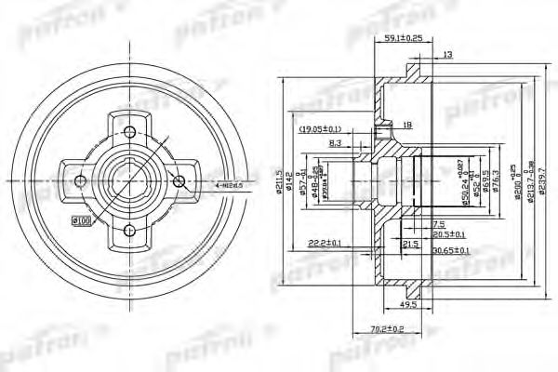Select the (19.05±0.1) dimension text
tap(322, 129)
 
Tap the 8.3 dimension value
tap(336, 143)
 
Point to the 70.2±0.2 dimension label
tap(385, 329)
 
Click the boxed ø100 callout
tap(81, 219)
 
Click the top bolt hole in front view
tap(130, 129)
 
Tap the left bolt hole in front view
tap(80, 179)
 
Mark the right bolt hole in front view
tap(180, 180)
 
